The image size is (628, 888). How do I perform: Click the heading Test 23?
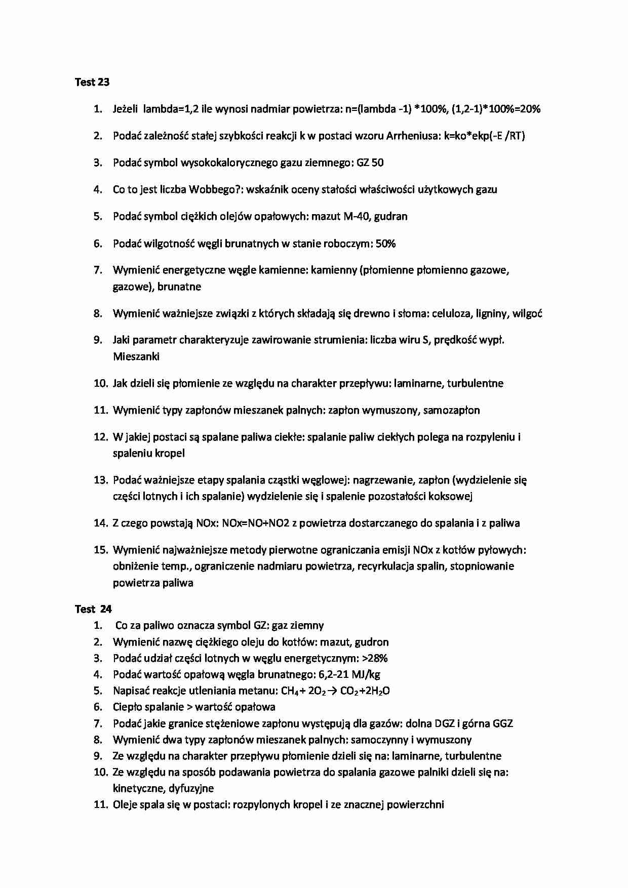[x=92, y=82]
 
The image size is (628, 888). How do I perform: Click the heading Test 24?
[x=93, y=609]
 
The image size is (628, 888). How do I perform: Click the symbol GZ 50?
[x=370, y=163]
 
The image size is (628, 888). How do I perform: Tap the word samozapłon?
[x=451, y=410]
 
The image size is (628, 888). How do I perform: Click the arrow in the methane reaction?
[x=332, y=691]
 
